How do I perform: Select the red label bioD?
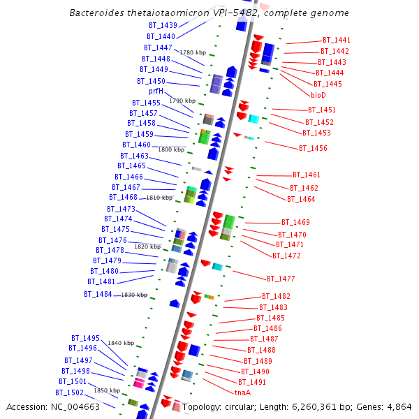(318, 95)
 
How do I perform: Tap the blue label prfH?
(156, 91)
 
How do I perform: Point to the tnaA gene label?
(242, 392)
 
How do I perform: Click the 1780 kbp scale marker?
(193, 52)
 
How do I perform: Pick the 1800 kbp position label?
(171, 149)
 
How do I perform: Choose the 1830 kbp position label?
(134, 295)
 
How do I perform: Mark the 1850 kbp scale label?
(107, 390)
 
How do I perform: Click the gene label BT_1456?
(313, 148)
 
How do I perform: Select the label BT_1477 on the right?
(281, 279)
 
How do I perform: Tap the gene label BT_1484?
(98, 294)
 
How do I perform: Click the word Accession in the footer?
(28, 407)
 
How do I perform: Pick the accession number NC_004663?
(81, 407)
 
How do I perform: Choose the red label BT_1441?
(337, 41)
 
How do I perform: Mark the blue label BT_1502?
(70, 392)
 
